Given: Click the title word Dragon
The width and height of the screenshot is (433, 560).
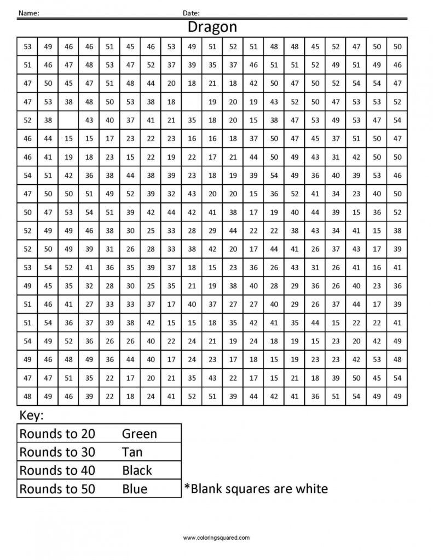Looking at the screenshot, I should coord(212,27).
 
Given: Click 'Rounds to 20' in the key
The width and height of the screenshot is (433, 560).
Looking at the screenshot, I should coord(57,434).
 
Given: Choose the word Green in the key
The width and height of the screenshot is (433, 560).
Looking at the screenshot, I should coord(139,434).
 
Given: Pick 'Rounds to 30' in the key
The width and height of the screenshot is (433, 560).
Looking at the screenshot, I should coord(57,452).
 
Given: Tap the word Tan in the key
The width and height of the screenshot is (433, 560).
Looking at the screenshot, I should coord(132,452).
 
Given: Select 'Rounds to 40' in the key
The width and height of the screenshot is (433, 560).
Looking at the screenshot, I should coord(57,470).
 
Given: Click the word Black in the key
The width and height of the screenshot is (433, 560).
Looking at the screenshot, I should coord(137,470).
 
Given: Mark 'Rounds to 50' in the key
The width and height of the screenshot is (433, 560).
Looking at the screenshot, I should coord(57,488).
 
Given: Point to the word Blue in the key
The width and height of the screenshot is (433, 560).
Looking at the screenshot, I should coord(135,488).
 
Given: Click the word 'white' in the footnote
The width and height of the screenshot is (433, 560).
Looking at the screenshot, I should coord(310,488).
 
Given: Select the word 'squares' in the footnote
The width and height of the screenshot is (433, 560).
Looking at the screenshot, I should coord(256,488).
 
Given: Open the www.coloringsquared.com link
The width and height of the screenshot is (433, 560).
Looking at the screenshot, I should coord(216,538).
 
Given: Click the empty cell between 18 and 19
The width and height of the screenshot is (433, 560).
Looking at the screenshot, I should coord(192,102).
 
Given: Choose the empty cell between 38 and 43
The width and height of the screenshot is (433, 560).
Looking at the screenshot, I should coord(68,120).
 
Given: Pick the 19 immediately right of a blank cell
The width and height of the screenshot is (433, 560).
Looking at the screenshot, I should coord(212,102).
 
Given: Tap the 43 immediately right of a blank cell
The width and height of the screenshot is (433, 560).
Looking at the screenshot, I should coord(89,120).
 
